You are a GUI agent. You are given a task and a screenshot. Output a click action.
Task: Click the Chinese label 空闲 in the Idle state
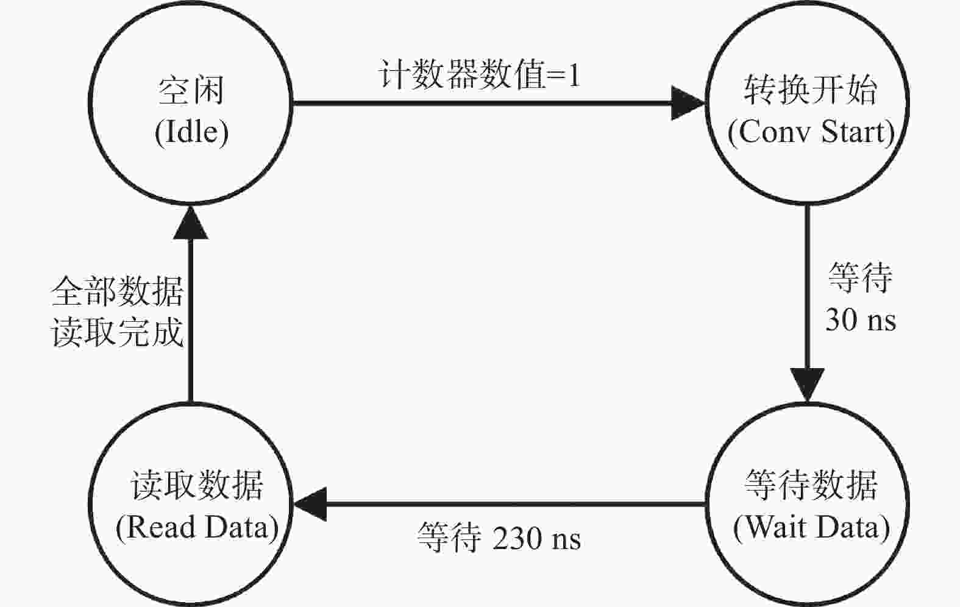pyautogui.click(x=191, y=91)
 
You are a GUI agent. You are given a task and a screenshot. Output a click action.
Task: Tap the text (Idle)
pyautogui.click(x=191, y=133)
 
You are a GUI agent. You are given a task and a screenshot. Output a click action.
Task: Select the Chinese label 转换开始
pyautogui.click(x=811, y=90)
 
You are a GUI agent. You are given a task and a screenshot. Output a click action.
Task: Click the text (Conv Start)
pyautogui.click(x=811, y=132)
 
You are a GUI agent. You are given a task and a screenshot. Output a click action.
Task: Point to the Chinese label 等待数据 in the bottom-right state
pyautogui.click(x=811, y=485)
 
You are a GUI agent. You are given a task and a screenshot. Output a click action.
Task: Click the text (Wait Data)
pyautogui.click(x=812, y=527)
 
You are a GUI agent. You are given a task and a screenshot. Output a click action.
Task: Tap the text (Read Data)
pyautogui.click(x=197, y=527)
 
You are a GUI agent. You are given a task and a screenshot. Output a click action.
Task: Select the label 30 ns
pyautogui.click(x=861, y=320)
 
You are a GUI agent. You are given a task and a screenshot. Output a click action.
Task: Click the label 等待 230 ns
pyautogui.click(x=499, y=538)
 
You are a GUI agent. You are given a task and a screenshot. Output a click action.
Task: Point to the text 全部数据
pyautogui.click(x=118, y=291)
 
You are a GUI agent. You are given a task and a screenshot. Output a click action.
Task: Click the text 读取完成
pyautogui.click(x=118, y=333)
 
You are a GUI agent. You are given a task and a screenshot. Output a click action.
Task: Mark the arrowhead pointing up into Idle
pyautogui.click(x=191, y=222)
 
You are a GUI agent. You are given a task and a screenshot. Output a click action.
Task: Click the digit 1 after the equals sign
pyautogui.click(x=573, y=76)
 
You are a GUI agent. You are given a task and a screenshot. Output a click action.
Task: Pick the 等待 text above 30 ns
pyautogui.click(x=859, y=277)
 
